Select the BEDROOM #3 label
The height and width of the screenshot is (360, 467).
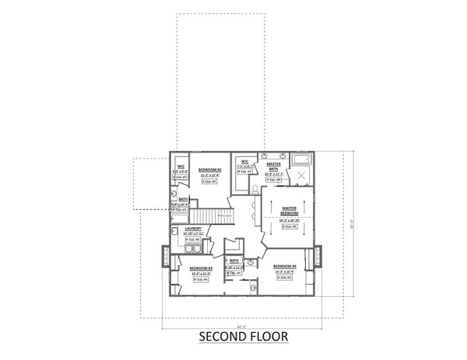(x=202, y=268)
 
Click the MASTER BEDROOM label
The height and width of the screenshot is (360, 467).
(x=288, y=210)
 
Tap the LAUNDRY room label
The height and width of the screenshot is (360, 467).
(x=194, y=229)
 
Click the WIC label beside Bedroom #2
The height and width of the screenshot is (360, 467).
(x=180, y=166)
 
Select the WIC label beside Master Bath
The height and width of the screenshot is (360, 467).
(x=244, y=161)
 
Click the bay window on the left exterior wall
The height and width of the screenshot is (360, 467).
(x=163, y=256)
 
